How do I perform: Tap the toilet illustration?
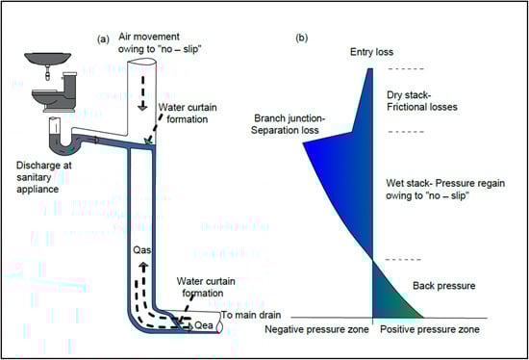pos(56,92)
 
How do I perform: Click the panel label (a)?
pos(103,39)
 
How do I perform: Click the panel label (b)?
pos(301,38)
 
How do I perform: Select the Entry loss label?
pos(371,52)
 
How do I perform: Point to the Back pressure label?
pos(444,286)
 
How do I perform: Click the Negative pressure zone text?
pos(316,329)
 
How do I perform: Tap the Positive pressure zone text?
pos(430,329)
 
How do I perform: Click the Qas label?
pos(142,250)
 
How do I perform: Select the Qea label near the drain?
pos(204,325)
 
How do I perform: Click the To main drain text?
pos(251,315)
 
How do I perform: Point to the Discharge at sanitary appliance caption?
pos(44,177)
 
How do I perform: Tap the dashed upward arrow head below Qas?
pos(144,266)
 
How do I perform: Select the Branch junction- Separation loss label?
pos(288,124)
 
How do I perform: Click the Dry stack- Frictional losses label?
pos(422,101)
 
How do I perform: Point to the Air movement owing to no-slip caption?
pos(160,42)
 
